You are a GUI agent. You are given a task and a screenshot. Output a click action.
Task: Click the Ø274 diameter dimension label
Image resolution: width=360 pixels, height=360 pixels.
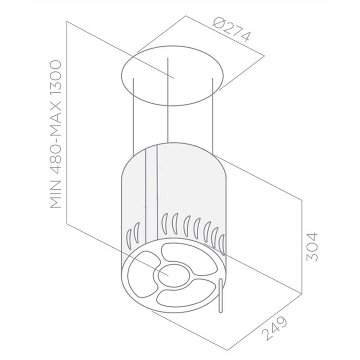(x=232, y=29)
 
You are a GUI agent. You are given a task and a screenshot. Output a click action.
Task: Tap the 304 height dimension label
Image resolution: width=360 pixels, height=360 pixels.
(x=312, y=247)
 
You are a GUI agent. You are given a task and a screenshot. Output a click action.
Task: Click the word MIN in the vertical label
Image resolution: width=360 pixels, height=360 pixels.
(x=57, y=193)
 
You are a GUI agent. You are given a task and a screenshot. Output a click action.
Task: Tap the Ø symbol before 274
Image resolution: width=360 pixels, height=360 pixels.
(x=218, y=22)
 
